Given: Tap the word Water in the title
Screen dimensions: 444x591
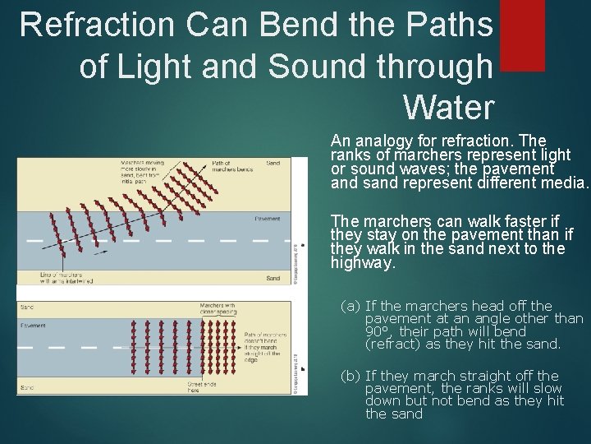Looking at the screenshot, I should pos(449,107).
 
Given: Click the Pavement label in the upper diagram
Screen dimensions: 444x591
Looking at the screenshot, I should pos(267,219).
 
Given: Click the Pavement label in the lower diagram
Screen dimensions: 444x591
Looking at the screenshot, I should pos(33,326).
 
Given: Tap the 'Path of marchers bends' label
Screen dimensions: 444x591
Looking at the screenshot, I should pos(233,167).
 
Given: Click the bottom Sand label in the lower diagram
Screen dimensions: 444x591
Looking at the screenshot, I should pos(27,386).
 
